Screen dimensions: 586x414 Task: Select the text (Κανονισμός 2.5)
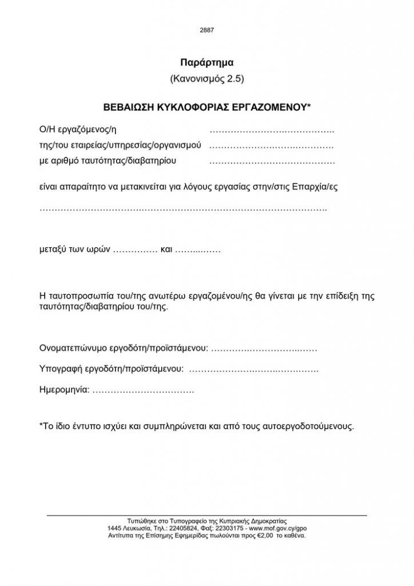point(207,78)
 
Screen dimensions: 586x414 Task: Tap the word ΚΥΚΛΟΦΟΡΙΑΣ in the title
point(188,107)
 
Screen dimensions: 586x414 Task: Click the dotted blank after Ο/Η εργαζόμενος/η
point(272,133)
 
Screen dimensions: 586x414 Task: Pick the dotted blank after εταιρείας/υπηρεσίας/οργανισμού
point(272,146)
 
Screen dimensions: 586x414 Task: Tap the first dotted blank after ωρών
point(136,250)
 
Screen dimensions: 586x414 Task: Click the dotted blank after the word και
point(198,250)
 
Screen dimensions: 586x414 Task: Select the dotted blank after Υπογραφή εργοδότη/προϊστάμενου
point(253,369)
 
